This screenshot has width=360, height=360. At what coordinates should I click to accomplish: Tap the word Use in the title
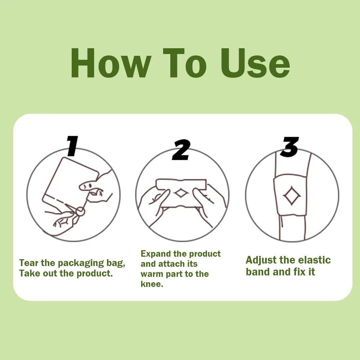click(x=255, y=63)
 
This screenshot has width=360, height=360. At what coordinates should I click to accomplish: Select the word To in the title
click(x=185, y=63)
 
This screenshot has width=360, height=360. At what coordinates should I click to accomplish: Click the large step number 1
click(x=72, y=146)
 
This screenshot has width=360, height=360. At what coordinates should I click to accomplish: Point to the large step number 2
click(x=181, y=150)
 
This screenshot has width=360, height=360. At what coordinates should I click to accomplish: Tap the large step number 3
click(x=291, y=147)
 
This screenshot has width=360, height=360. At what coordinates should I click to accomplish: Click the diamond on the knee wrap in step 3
click(x=292, y=195)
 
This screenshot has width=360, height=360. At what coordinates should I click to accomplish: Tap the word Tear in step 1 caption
click(x=29, y=263)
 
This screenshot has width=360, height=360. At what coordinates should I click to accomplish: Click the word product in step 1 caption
click(x=95, y=274)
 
